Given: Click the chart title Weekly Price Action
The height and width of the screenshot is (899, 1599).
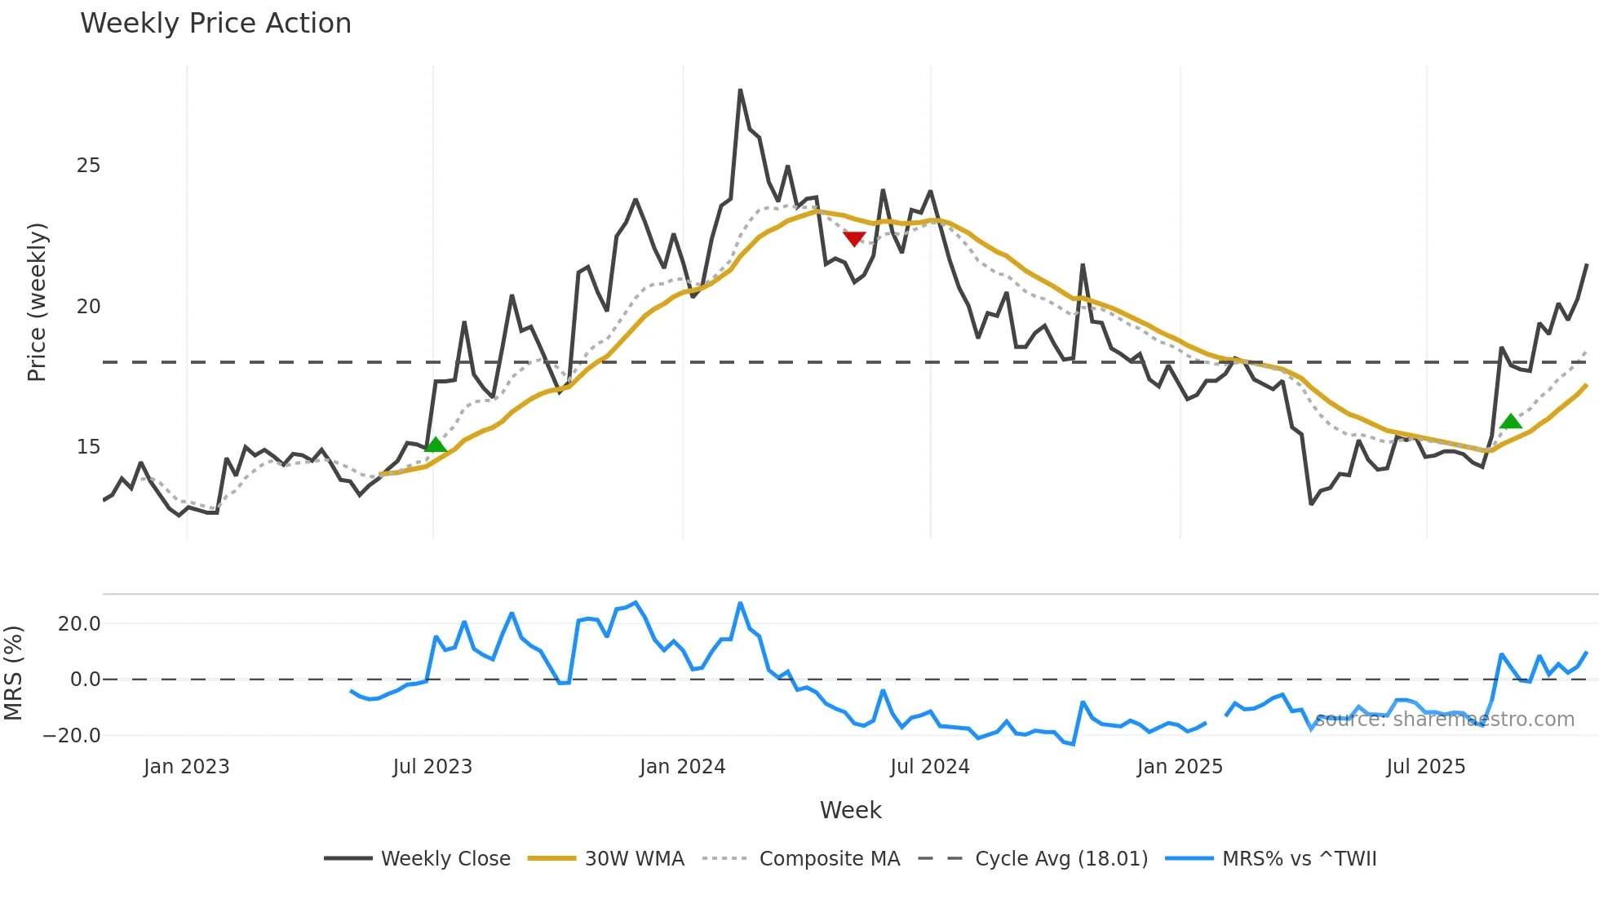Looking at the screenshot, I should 215,24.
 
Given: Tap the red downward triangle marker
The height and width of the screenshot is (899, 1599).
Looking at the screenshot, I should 853,238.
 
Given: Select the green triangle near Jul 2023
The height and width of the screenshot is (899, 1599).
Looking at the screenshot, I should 436,445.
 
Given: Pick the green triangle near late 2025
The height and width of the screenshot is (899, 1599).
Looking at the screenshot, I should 1510,422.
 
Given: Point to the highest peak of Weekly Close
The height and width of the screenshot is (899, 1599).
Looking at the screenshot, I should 740,91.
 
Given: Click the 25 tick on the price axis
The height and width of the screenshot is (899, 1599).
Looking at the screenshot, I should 88,166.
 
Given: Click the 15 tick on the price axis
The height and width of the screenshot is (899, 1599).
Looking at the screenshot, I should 88,447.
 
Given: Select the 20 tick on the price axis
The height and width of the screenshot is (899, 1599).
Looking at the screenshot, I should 88,307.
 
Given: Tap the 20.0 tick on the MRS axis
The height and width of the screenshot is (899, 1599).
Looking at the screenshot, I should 79,624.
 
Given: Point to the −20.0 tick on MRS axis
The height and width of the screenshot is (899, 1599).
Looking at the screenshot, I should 72,735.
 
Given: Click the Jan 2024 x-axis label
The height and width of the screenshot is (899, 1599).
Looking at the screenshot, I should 682,767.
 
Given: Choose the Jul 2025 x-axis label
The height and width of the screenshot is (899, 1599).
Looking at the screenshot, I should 1425,767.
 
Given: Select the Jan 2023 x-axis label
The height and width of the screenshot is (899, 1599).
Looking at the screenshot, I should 186,767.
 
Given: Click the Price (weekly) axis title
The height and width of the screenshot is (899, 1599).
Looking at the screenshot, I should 37,302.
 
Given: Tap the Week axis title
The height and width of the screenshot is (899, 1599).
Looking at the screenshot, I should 850,810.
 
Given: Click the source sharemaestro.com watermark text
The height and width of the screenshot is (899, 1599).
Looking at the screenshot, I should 1444,720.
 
